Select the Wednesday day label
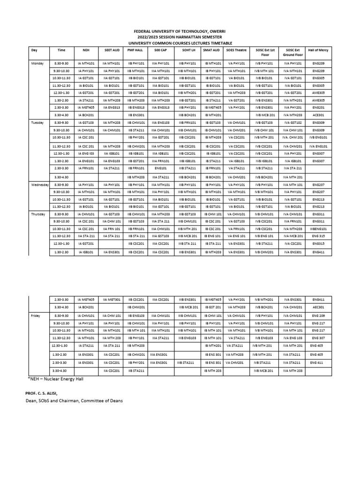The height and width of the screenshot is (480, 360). (39, 185)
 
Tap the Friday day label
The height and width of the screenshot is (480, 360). (36, 316)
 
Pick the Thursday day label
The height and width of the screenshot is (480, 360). (37, 214)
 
